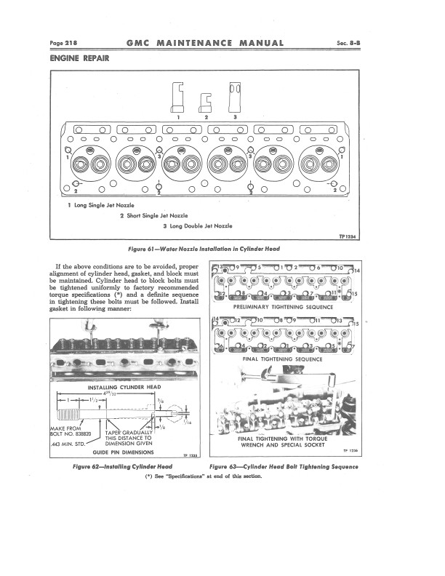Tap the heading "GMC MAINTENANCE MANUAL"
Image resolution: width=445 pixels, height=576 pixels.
[204, 43]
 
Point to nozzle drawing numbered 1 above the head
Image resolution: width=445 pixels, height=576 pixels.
[177, 97]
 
